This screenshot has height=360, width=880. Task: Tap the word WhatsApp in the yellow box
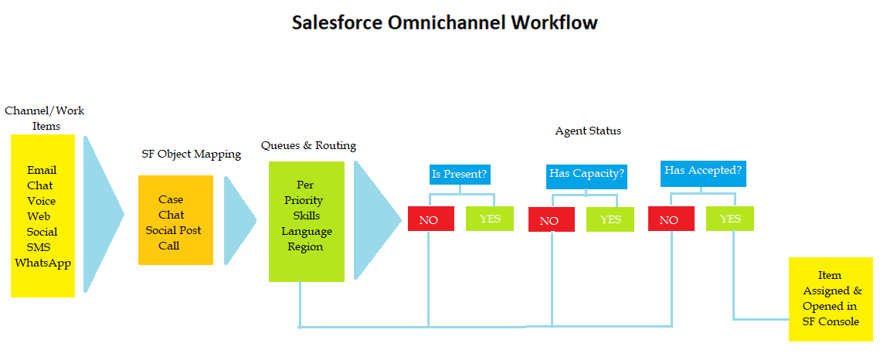42,263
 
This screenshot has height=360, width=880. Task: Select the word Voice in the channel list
42,201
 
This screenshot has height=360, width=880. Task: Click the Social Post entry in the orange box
173,230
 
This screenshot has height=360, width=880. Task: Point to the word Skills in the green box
306,216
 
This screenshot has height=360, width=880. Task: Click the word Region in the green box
305,246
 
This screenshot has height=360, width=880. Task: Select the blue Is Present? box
460,174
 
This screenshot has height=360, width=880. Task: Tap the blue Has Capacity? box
586,173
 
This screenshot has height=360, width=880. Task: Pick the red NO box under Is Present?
431,219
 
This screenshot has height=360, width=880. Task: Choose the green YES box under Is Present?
489,219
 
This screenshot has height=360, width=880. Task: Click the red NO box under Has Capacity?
551,220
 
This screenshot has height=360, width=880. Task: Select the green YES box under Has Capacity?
610,219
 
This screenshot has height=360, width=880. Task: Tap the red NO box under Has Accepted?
671,219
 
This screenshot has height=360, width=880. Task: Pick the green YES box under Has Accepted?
729,219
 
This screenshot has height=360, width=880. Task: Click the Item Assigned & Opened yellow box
831,299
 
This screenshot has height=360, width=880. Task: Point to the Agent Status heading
588,131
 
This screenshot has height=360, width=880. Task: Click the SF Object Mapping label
192,155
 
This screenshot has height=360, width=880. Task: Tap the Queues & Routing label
309,146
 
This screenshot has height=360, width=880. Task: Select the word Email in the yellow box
42,170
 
